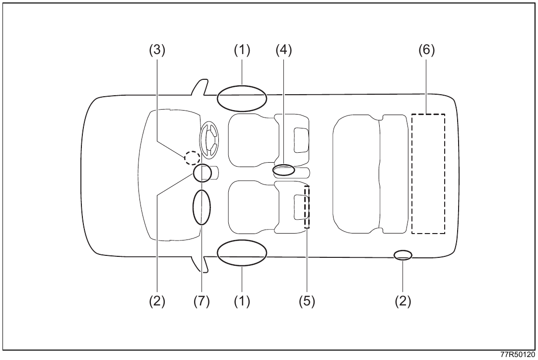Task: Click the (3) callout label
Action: pos(157,50)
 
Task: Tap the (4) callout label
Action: pos(284,50)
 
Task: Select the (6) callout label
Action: pos(426,50)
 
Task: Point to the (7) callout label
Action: pos(202,301)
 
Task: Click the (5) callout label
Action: pos(307,301)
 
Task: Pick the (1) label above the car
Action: pos(242,50)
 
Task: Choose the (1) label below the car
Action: pos(242,301)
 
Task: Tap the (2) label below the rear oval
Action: pos(403,301)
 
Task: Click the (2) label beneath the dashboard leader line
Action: pos(157,301)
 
